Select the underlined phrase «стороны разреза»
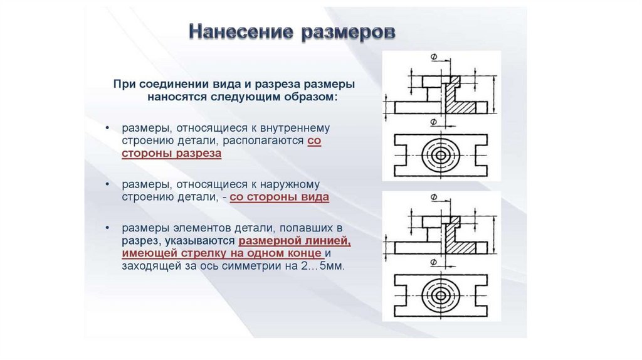click(x=171, y=153)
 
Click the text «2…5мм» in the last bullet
click(x=327, y=266)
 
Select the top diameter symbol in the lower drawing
click(x=434, y=198)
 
